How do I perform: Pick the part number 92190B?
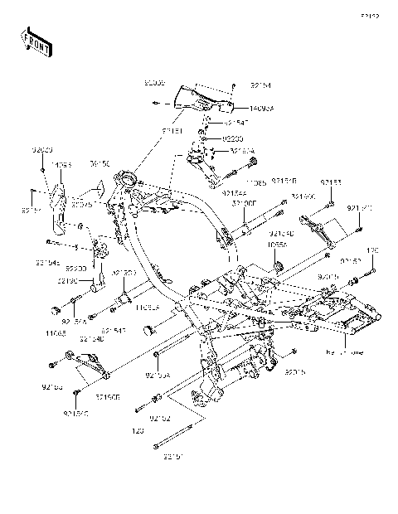coord(108,398)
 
